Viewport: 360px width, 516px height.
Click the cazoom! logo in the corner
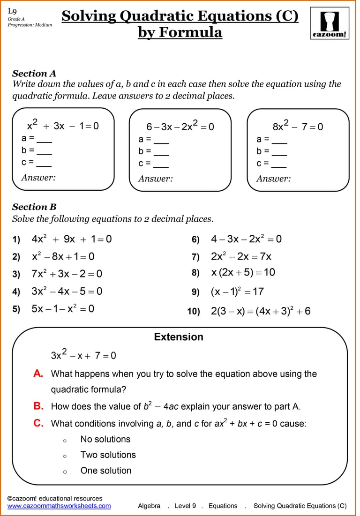[330, 24]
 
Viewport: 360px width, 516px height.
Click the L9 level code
[12, 11]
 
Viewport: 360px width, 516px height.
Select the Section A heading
[34, 74]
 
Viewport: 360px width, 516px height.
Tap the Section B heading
[34, 207]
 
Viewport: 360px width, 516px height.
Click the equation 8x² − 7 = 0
[298, 126]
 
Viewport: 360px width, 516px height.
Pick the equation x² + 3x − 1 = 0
[63, 126]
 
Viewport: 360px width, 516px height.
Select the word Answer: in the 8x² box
[273, 179]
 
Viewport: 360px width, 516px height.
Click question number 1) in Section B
[16, 240]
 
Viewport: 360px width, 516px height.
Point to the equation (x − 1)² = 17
[237, 292]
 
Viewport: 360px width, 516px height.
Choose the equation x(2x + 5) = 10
[243, 272]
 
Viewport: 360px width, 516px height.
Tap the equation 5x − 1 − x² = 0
[63, 308]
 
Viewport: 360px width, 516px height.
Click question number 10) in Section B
[194, 312]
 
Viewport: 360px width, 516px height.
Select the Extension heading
[179, 337]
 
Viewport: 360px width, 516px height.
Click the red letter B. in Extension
[38, 406]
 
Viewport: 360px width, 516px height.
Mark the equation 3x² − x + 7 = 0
[83, 355]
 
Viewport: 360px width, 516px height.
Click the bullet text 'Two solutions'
[108, 455]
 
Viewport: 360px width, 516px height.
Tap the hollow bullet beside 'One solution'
[65, 471]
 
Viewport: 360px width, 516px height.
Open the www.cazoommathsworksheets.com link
[59, 506]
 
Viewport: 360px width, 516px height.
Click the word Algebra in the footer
[149, 506]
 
